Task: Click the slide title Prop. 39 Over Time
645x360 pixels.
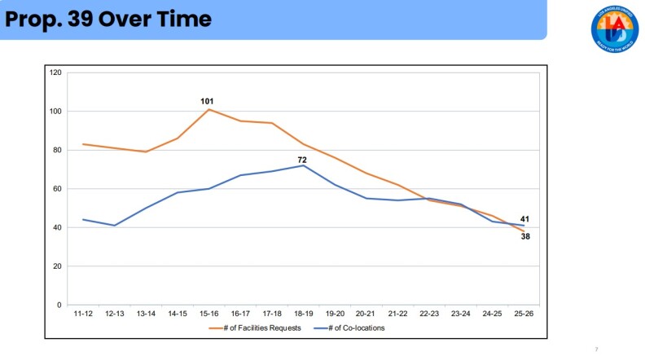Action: tap(108, 20)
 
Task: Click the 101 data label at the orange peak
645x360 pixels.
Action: tap(207, 101)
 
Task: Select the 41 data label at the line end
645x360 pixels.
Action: tap(525, 219)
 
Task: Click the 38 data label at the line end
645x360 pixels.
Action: tap(525, 236)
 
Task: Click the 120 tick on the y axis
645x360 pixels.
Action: tap(56, 72)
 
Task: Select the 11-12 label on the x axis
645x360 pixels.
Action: tap(82, 314)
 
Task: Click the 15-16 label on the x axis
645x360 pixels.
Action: tap(208, 314)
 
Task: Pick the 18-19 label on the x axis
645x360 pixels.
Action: tap(303, 314)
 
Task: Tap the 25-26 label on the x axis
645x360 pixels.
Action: tap(524, 314)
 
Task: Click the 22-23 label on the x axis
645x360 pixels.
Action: tap(429, 314)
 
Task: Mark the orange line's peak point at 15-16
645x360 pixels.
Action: tap(208, 109)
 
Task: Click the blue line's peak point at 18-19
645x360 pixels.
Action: tap(303, 165)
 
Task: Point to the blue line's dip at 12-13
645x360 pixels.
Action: tap(114, 226)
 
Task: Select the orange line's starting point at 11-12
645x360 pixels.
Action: tap(82, 144)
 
